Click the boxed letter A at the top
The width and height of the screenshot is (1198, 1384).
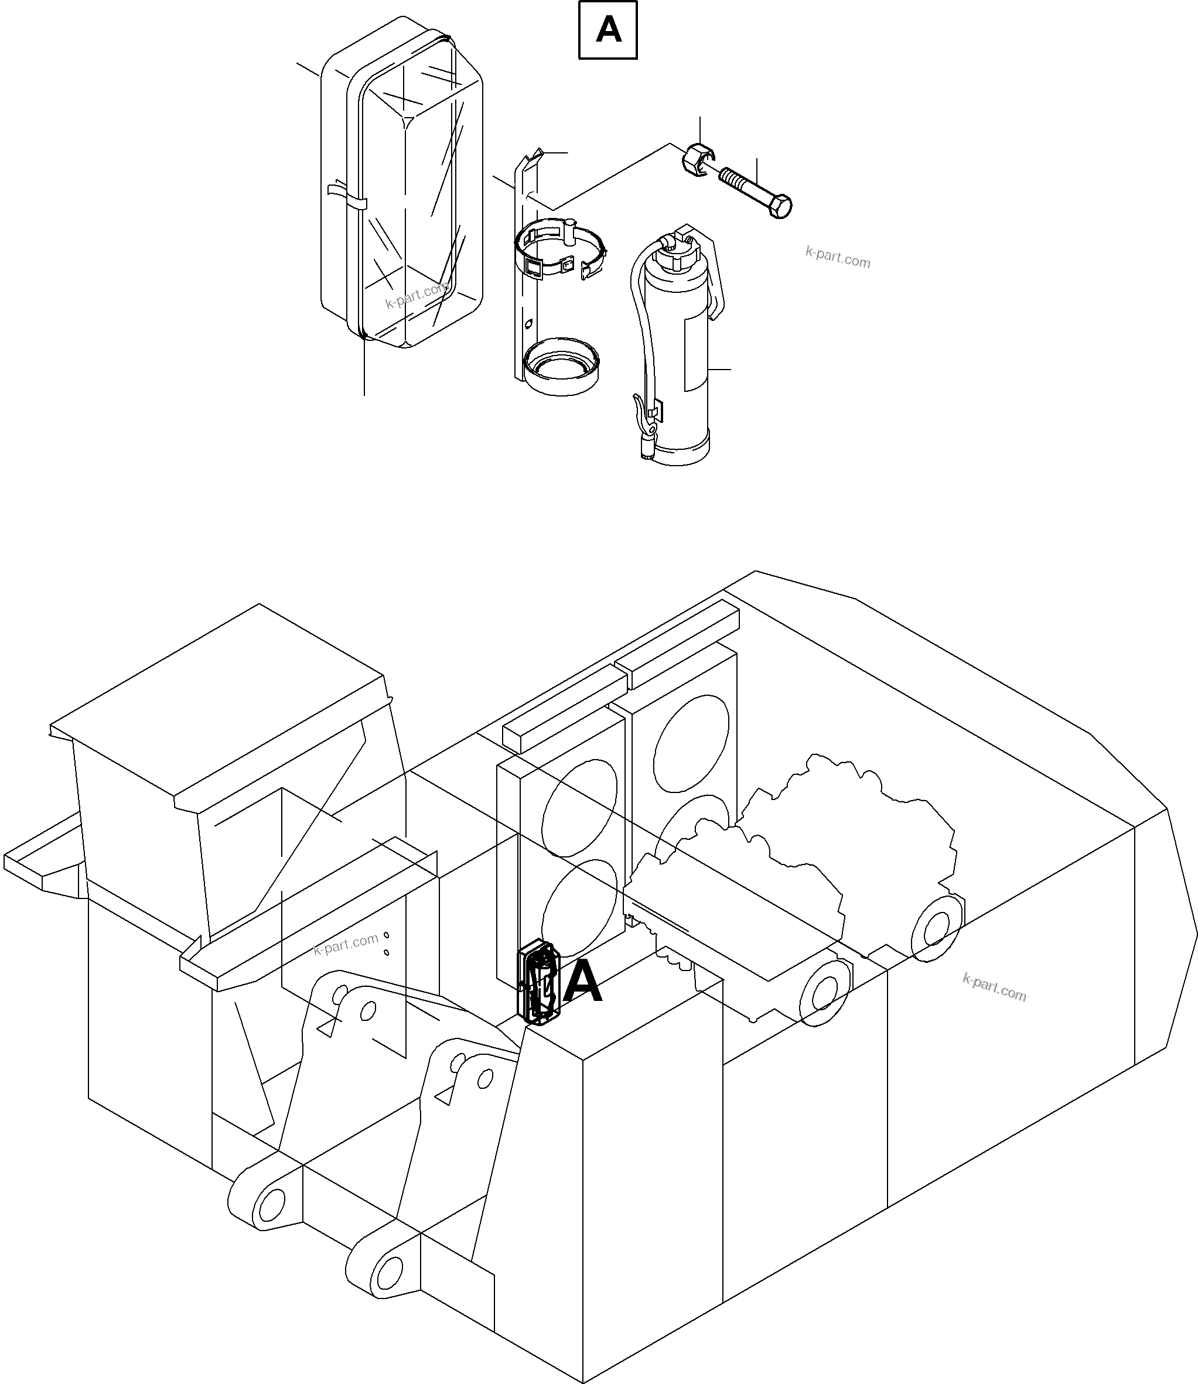[x=607, y=30]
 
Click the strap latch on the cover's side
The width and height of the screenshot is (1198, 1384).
[x=347, y=198]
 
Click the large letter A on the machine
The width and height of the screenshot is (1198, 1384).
[x=582, y=982]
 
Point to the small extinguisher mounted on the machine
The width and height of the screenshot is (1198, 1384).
[x=538, y=982]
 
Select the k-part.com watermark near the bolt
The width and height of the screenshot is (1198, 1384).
[x=837, y=257]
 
